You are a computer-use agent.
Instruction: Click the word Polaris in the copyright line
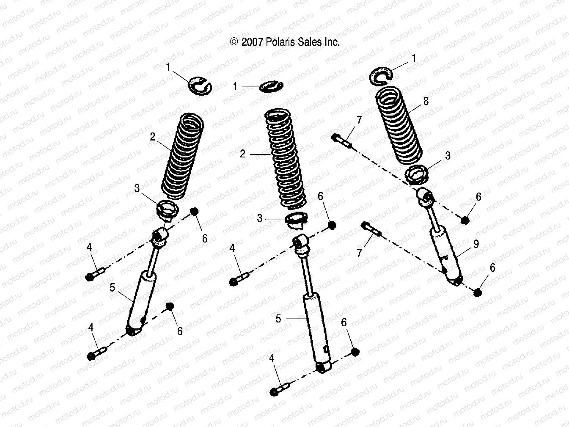pyautogui.click(x=280, y=42)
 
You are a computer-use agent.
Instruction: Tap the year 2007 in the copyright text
pyautogui.click(x=252, y=42)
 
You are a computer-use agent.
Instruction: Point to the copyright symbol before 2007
pyautogui.click(x=234, y=41)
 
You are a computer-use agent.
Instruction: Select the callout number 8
pyautogui.click(x=426, y=101)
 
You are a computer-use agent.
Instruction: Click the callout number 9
pyautogui.click(x=476, y=244)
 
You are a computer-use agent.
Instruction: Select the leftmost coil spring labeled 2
pyautogui.click(x=183, y=156)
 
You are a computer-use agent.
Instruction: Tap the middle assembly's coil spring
pyautogui.click(x=286, y=159)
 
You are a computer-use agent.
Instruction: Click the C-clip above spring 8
pyautogui.click(x=382, y=74)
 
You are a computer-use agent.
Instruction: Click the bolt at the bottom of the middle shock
pyautogui.click(x=280, y=389)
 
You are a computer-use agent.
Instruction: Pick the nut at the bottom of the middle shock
pyautogui.click(x=355, y=352)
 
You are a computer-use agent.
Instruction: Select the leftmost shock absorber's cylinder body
pyautogui.click(x=140, y=301)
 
